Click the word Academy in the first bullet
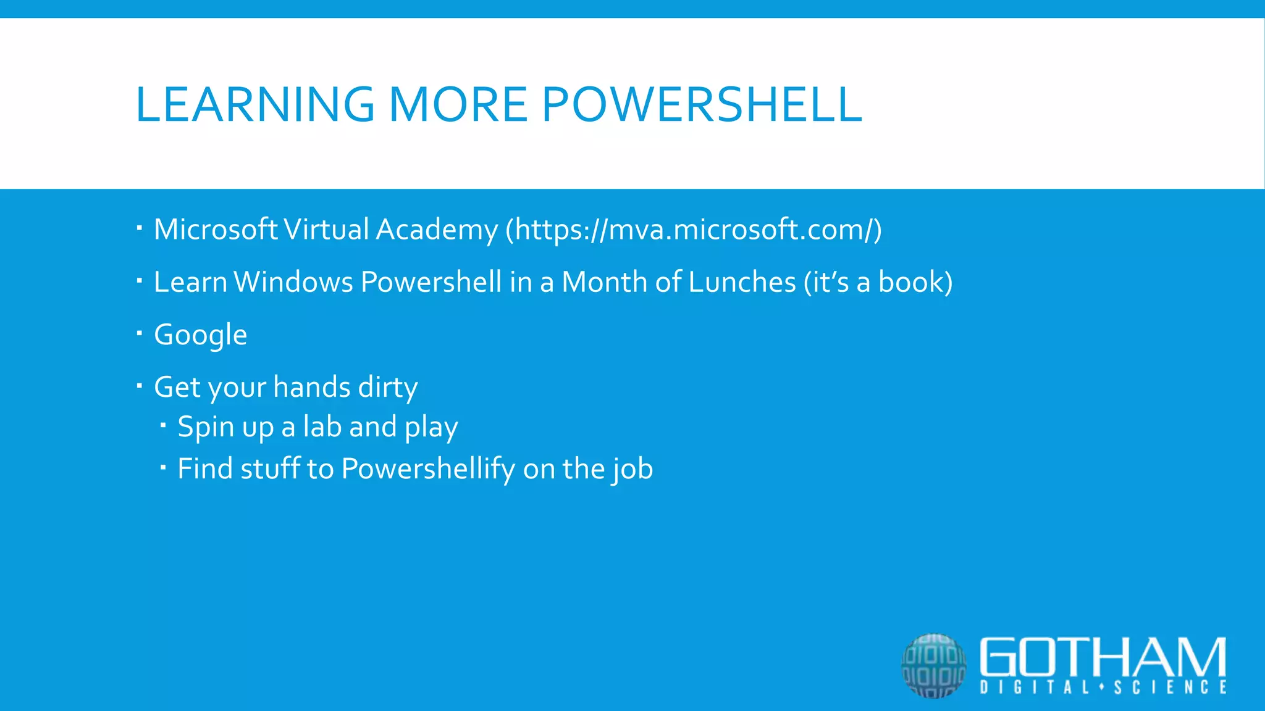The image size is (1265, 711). click(436, 230)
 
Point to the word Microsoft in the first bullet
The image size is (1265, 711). click(216, 230)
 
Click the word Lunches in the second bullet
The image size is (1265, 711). click(742, 282)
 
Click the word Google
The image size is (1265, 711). click(200, 335)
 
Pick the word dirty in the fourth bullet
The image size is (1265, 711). click(388, 388)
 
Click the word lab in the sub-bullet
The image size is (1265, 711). click(322, 427)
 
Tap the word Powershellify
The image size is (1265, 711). click(427, 469)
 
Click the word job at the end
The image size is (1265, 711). click(633, 469)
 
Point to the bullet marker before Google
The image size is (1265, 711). click(140, 334)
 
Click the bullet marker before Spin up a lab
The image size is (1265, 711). click(163, 425)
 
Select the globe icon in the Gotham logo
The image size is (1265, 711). click(933, 665)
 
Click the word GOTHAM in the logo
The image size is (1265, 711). click(1103, 658)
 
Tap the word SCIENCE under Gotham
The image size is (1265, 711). click(1170, 688)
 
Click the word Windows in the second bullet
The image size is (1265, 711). click(293, 282)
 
